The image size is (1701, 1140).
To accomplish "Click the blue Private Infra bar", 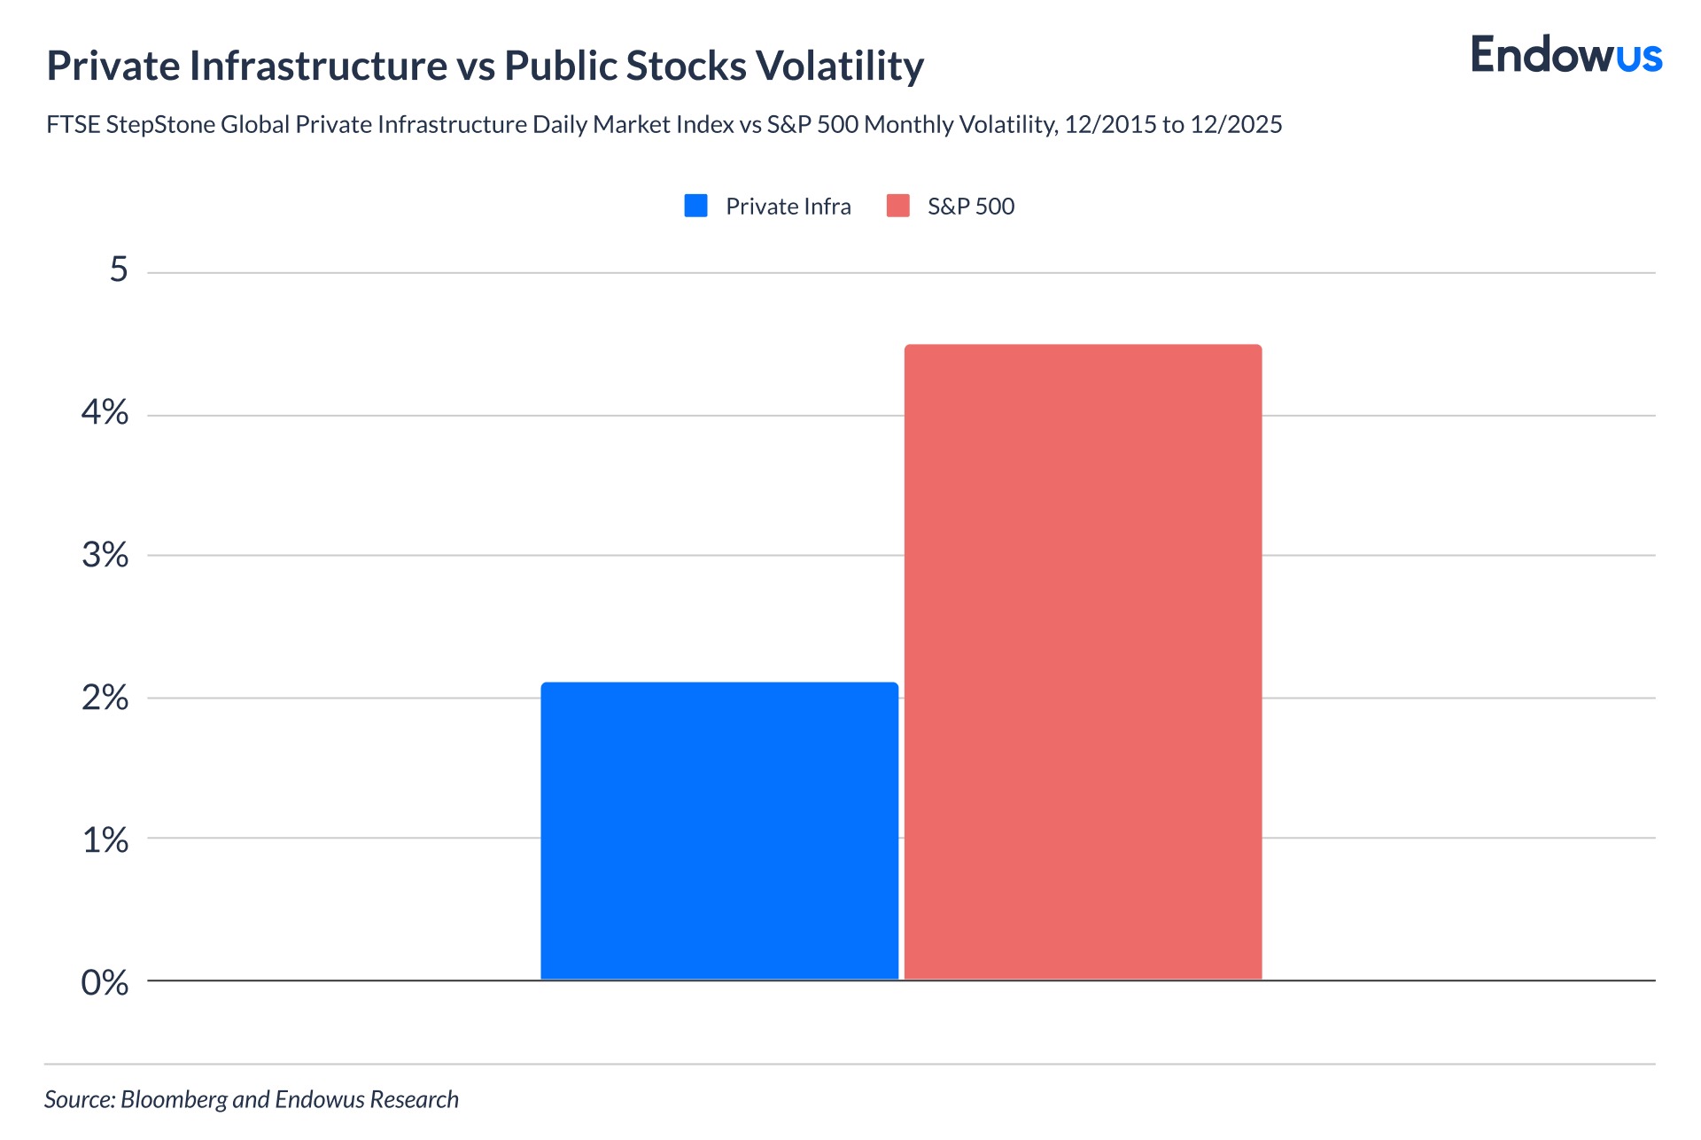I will click(719, 831).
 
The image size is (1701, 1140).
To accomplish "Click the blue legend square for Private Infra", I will click(695, 206).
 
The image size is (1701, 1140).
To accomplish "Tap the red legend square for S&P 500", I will click(897, 206).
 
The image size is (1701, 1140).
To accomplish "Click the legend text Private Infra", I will click(788, 207).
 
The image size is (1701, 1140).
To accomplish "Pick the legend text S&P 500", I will click(970, 207).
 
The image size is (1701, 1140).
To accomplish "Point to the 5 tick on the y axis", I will click(119, 269).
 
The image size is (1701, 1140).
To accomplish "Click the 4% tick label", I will click(105, 412).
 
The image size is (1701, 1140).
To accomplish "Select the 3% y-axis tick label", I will click(105, 555).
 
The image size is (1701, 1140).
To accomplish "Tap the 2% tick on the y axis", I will click(105, 698).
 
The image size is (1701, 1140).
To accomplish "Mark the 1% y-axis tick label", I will click(105, 839).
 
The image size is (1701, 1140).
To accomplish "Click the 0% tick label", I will click(105, 982).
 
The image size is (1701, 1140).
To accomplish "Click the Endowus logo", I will click(1565, 55).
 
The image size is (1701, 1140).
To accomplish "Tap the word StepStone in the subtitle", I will click(163, 125).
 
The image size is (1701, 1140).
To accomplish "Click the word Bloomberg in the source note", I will click(174, 1100).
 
